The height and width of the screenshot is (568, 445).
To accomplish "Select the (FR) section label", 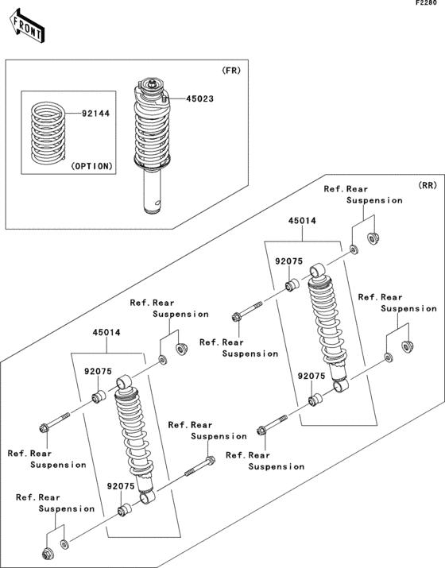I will pos(231,71).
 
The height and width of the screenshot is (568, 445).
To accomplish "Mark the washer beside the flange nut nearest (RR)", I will pos(354,250).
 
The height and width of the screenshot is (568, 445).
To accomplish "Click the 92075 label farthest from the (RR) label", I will pos(122,485).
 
